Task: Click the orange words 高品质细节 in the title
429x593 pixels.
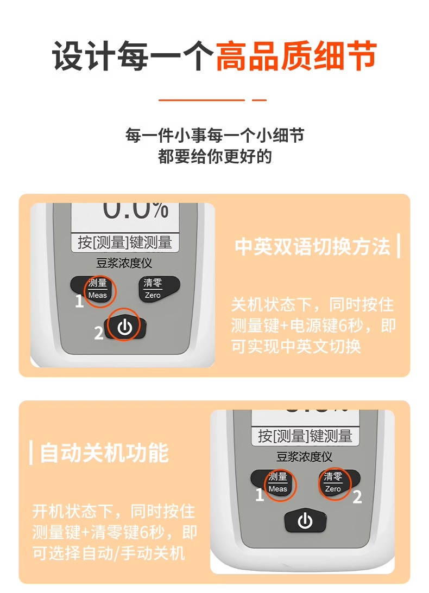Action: pos(296,56)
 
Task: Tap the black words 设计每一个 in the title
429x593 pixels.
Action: pos(133,56)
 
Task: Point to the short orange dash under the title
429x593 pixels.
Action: pos(260,100)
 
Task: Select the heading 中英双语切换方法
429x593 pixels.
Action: pos(312,246)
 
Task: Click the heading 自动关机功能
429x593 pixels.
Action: pos(104,452)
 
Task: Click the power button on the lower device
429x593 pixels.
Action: pos(305,520)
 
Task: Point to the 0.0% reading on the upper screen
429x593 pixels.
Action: pos(136,211)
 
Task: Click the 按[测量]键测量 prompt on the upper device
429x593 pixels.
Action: pos(125,243)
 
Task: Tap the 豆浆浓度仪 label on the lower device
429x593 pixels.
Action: pos(305,457)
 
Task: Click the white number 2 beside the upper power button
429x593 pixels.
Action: pos(99,333)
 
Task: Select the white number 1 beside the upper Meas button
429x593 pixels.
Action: pos(79,302)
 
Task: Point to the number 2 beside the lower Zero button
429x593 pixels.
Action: pos(357,497)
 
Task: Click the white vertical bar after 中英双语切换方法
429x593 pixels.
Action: pos(399,246)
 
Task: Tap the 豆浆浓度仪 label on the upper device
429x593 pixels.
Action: pos(124,263)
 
